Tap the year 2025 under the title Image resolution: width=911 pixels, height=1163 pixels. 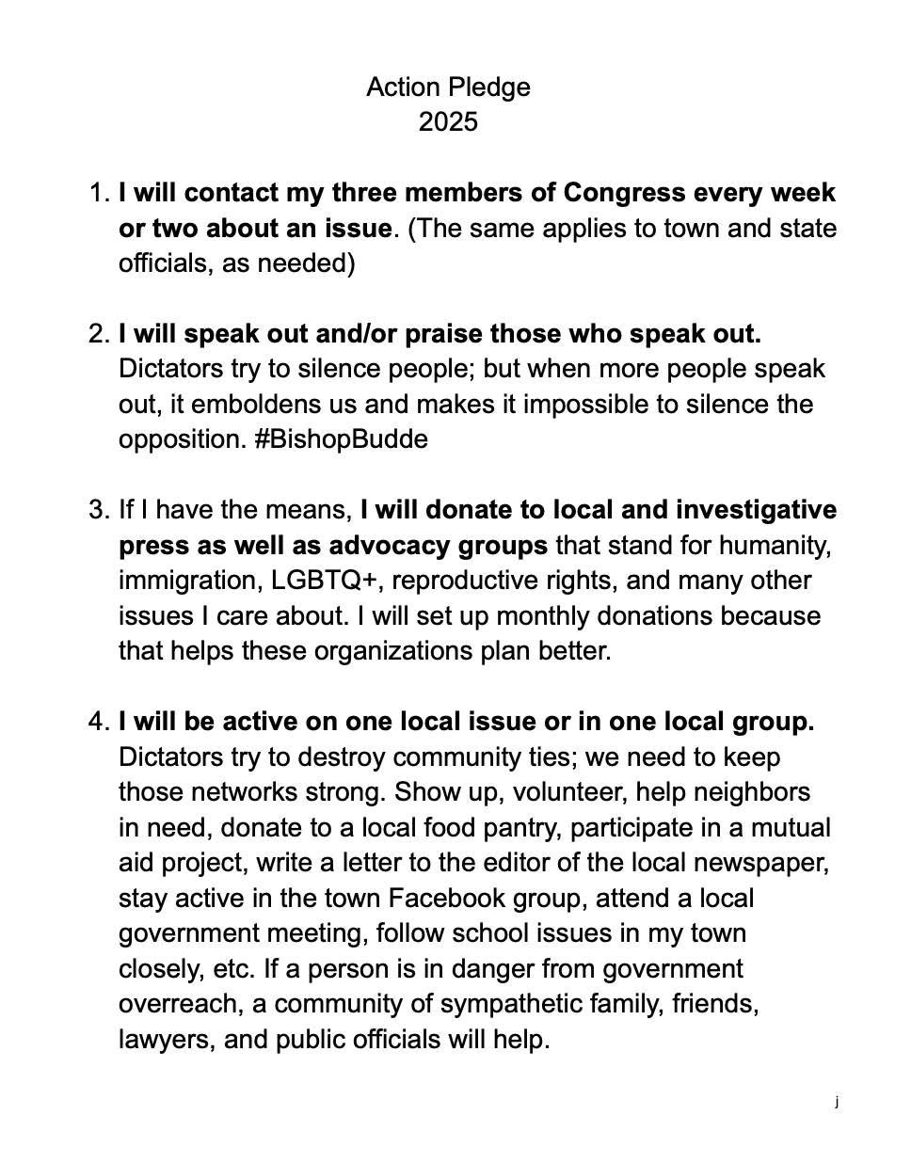(x=448, y=122)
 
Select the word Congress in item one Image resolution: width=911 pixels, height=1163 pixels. (x=624, y=193)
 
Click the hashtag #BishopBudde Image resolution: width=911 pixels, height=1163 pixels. (x=341, y=439)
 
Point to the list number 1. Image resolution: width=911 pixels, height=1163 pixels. (x=99, y=193)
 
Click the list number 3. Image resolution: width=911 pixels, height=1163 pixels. (x=99, y=510)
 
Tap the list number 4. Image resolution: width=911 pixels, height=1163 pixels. (x=99, y=722)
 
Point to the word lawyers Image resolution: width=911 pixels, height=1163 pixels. (x=166, y=1040)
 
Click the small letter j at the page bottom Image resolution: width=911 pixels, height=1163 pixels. (x=836, y=1101)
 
